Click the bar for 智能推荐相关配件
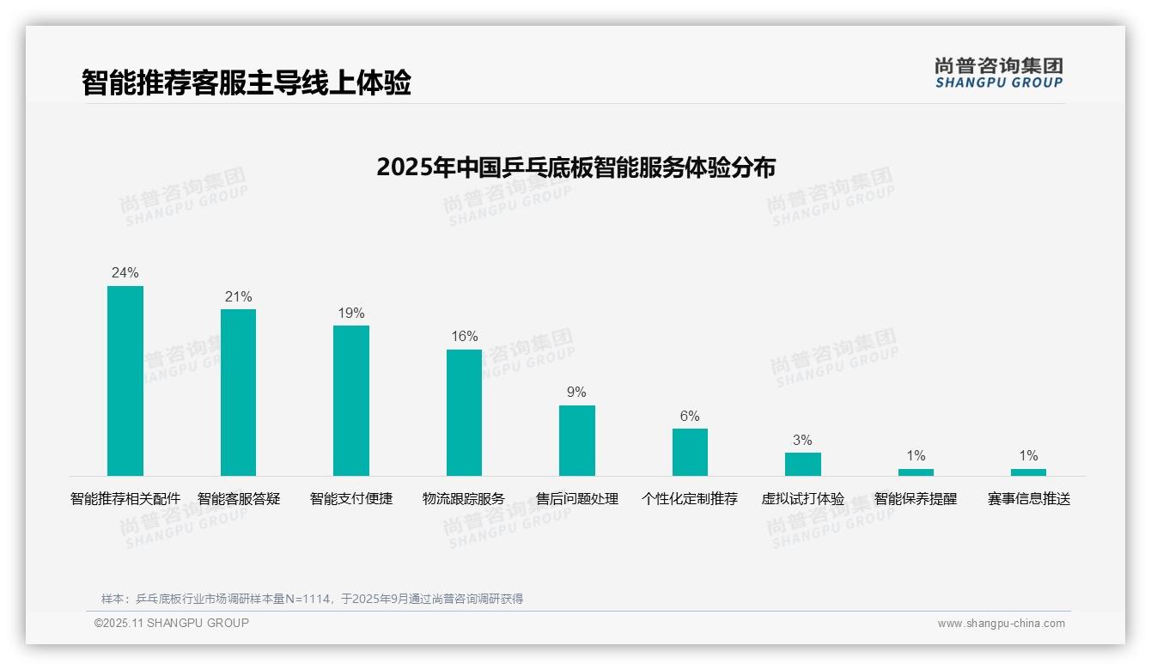tap(125, 381)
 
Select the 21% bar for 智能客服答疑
tap(238, 392)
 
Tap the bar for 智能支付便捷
tap(351, 400)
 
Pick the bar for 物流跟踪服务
tap(464, 412)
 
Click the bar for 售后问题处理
tap(577, 440)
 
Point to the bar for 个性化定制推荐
tap(690, 452)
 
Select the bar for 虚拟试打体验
tap(802, 464)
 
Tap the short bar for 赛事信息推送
tap(1028, 472)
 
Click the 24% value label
tap(125, 272)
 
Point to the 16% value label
tap(465, 336)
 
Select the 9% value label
tap(576, 392)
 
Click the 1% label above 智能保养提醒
tap(916, 455)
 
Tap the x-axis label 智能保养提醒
tap(916, 498)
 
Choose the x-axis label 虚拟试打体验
tap(802, 498)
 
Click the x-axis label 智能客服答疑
tap(239, 498)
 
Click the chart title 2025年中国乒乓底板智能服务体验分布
tap(575, 167)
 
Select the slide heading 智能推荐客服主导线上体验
tap(247, 82)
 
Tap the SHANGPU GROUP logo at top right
tap(999, 73)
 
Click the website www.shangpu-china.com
tap(1001, 624)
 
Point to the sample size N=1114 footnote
tap(312, 599)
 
